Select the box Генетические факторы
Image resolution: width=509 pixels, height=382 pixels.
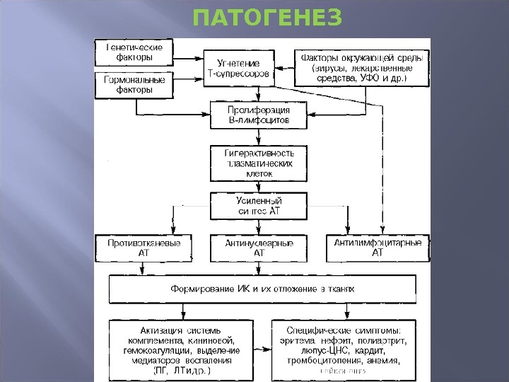(x=135, y=52)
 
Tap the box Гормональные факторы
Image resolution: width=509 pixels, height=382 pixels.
(x=135, y=85)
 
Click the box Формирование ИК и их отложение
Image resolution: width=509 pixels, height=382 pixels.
(x=262, y=289)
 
